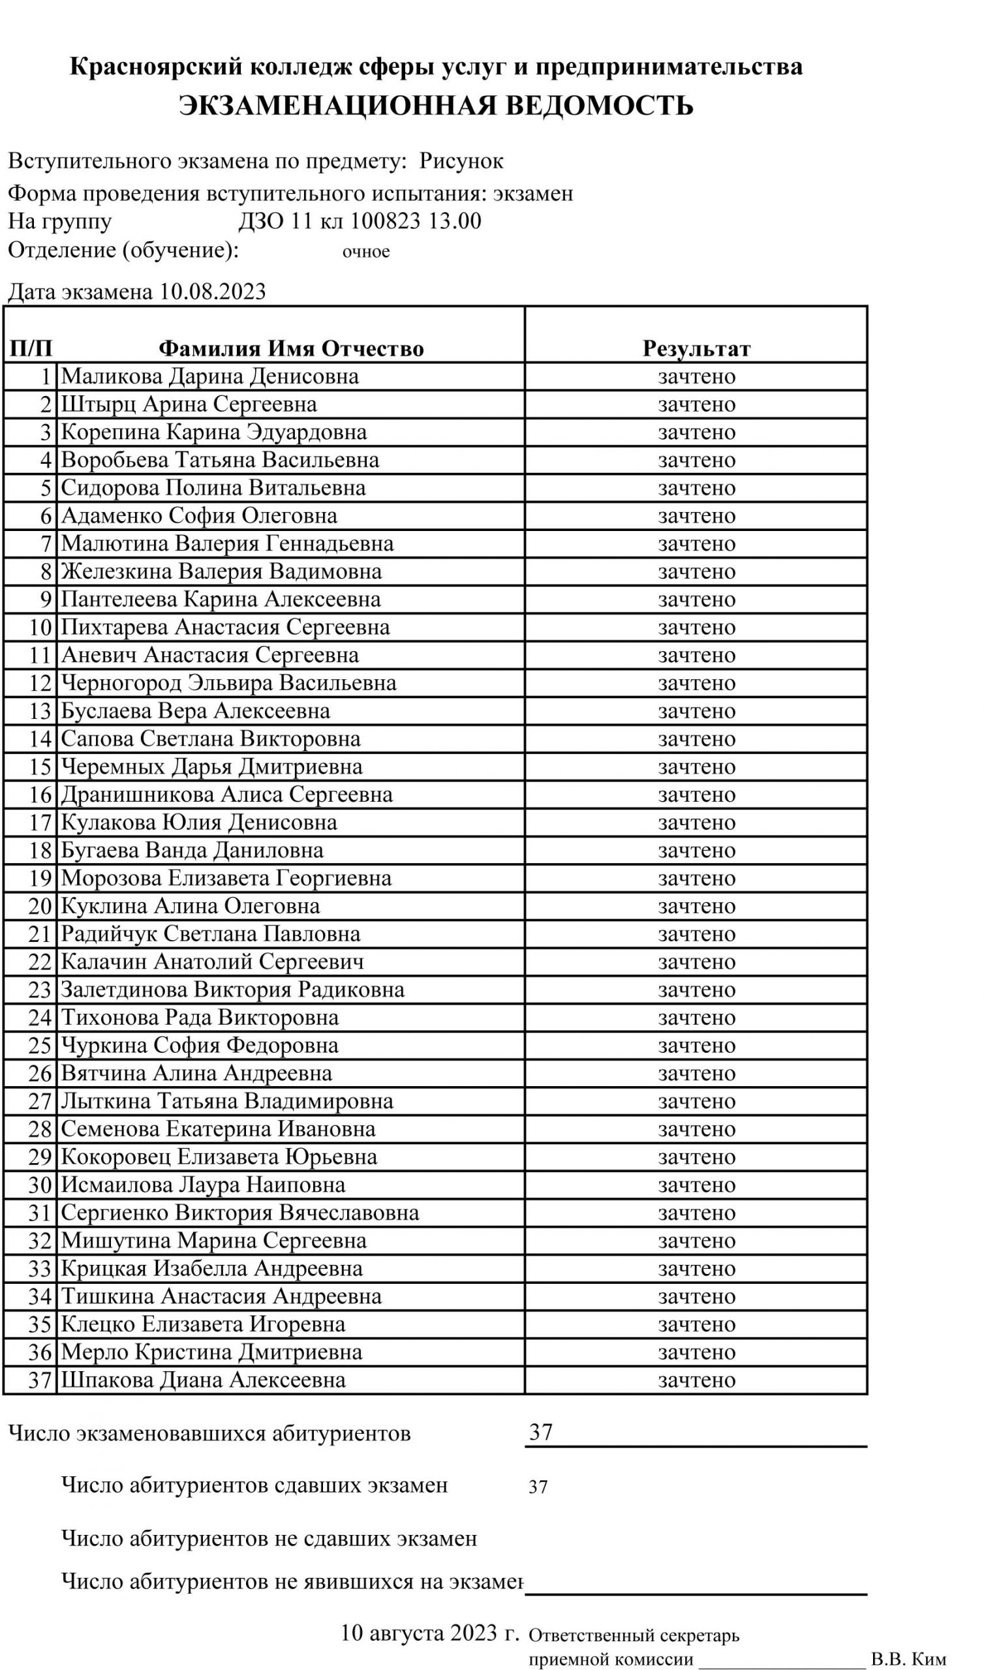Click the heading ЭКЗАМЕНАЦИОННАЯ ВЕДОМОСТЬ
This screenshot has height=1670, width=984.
436,106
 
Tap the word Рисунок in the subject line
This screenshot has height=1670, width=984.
461,161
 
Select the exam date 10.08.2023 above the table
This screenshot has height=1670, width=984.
212,292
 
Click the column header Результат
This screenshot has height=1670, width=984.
696,348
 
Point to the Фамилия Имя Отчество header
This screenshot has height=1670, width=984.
290,348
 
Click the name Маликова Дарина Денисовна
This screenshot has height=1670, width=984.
209,376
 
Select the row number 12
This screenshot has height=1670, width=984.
40,683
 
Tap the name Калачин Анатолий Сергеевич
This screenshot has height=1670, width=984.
212,962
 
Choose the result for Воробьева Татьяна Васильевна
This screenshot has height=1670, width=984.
696,460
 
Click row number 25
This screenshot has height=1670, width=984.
40,1045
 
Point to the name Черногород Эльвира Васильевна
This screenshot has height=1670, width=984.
228,682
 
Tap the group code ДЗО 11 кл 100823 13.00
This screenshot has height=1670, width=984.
360,220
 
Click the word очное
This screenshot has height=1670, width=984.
365,252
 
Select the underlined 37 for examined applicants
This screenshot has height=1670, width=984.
540,1432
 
